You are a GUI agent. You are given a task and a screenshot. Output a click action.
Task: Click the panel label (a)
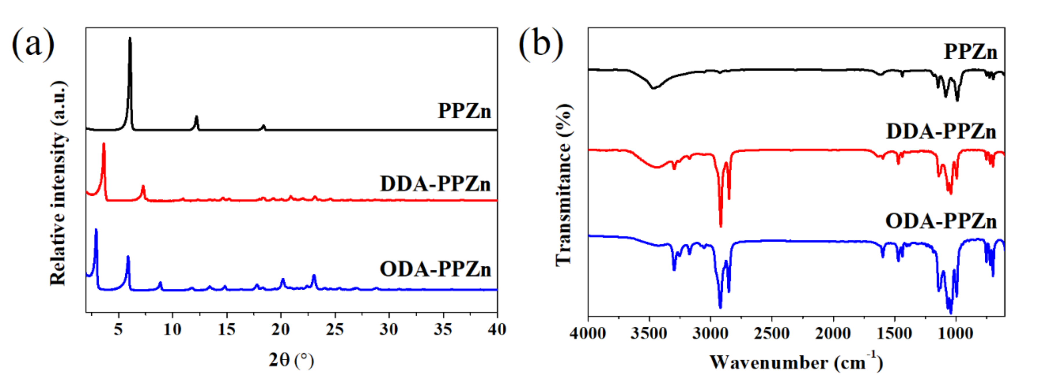(33, 43)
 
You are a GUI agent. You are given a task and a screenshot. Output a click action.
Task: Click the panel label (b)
(540, 43)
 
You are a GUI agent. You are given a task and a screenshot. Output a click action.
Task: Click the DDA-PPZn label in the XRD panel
(435, 184)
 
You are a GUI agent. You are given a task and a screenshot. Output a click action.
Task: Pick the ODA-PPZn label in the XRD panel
(435, 269)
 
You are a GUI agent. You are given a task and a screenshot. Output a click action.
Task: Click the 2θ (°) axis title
(291, 360)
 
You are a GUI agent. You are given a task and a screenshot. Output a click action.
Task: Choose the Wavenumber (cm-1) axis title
(796, 362)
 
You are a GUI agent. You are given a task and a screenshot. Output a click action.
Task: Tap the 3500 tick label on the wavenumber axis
(649, 334)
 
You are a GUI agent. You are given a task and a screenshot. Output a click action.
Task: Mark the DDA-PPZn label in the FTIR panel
(941, 132)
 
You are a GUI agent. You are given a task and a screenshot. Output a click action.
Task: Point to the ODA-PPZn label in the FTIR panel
(941, 221)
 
